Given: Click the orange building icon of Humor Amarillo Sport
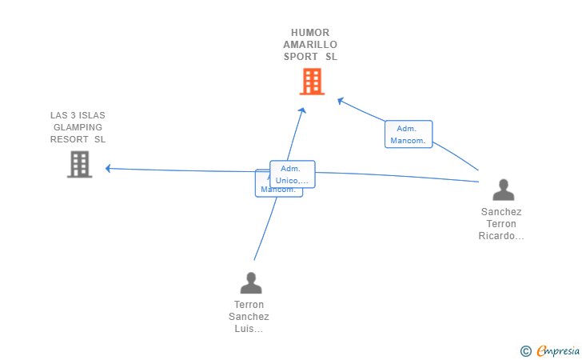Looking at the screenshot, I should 312,82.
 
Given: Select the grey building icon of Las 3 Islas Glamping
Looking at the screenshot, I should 79,164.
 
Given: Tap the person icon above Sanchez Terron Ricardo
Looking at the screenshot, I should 504,190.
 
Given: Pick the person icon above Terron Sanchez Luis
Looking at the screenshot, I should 251,282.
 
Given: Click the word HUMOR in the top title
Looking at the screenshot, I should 310,33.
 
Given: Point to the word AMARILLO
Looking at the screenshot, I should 310,45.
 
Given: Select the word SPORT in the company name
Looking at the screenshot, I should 301,57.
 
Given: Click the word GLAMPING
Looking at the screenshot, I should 78,127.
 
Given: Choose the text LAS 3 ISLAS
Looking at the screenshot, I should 78,115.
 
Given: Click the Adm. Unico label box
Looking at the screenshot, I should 293,174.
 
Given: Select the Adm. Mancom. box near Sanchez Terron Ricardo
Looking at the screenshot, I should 409,134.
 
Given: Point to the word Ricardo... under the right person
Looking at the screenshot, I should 501,236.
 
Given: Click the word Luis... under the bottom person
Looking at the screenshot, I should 249,329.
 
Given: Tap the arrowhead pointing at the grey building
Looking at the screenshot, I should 108,168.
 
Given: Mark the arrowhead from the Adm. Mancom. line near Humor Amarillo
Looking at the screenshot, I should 340,100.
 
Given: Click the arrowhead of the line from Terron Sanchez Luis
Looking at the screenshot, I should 303,109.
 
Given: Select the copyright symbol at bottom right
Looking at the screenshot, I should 525,350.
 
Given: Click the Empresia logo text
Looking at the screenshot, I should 559,350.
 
